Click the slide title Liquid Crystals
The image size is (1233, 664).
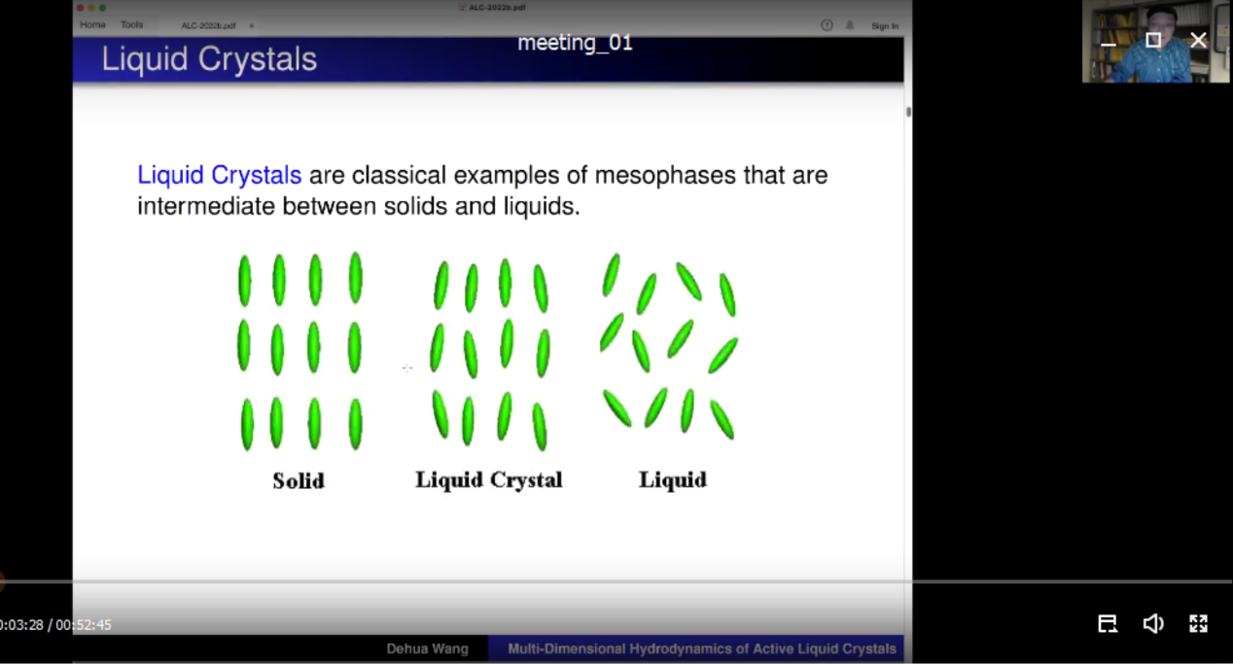(209, 59)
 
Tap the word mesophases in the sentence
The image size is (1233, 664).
(665, 176)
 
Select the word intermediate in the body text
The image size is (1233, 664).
(206, 206)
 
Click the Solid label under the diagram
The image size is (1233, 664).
(299, 481)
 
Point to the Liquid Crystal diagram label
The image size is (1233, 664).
(489, 480)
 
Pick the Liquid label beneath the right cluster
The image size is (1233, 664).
(673, 479)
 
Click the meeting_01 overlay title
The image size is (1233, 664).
(575, 43)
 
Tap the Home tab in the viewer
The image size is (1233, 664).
(92, 24)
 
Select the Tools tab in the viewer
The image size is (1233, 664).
(131, 24)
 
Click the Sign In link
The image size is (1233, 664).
(885, 26)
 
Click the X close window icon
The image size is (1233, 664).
(1198, 40)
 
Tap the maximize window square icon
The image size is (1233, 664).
(1153, 40)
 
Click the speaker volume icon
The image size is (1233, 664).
(1153, 623)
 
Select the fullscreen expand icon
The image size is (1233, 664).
(1198, 623)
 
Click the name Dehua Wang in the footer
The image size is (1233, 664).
(427, 649)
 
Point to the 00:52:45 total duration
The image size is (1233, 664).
(84, 625)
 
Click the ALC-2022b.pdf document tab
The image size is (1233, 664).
(209, 26)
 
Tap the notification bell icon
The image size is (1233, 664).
(850, 25)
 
